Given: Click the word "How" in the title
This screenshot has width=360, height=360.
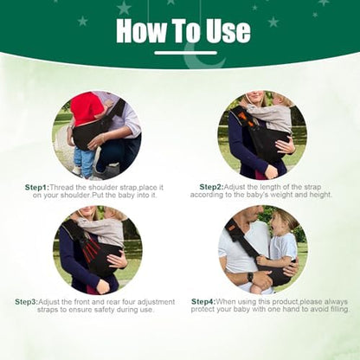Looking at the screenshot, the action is (142, 30).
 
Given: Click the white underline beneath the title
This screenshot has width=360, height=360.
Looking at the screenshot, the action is (185, 53).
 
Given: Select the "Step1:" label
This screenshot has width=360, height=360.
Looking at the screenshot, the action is (37, 188).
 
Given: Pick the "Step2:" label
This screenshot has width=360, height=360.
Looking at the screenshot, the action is (212, 187).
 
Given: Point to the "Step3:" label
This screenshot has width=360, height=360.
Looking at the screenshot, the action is (27, 302).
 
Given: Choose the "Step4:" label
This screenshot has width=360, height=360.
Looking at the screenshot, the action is (203, 302).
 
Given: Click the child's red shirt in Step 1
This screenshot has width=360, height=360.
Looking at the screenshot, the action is (86, 109).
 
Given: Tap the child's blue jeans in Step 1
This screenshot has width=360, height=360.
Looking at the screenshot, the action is (84, 161).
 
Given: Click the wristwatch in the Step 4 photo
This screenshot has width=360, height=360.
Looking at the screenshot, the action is (250, 277).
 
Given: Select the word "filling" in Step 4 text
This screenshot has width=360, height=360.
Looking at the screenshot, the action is (337, 309).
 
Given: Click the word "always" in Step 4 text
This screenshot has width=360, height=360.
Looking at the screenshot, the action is (336, 302).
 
